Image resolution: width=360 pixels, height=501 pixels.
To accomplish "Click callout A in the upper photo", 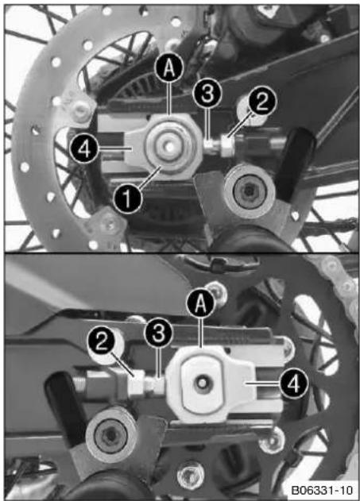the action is tap(169, 68).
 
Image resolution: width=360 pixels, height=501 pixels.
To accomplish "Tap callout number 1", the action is tap(128, 198).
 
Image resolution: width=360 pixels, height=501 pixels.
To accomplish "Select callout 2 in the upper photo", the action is tap(261, 102).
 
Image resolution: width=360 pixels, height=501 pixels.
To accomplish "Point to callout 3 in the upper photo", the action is tap(207, 94).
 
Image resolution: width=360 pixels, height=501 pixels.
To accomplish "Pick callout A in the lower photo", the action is tap(200, 304).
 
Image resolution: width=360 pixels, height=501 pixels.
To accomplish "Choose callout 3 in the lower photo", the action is tap(159, 333).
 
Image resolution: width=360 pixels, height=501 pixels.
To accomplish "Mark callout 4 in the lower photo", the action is tap(294, 383).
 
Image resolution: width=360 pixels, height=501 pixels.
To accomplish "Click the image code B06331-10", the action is tap(322, 490).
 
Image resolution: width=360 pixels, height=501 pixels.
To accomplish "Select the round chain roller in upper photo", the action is tap(250, 191).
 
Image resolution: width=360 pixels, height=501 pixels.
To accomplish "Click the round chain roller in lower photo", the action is tap(112, 434).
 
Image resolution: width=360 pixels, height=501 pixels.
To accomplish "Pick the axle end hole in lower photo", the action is tap(202, 382).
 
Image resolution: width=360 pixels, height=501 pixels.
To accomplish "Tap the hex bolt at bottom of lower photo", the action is tap(191, 473).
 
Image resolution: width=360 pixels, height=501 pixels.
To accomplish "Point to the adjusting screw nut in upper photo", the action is tap(227, 145).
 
